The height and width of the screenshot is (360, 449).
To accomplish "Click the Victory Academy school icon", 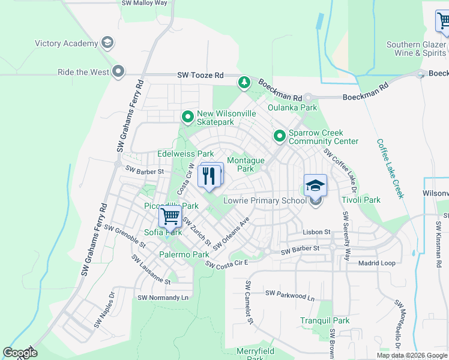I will (107, 43).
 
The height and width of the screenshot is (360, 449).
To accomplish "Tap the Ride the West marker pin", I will (118, 72).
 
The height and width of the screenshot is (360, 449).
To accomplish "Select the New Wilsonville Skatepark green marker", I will (188, 117).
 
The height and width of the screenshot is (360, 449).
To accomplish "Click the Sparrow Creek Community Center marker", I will (279, 137).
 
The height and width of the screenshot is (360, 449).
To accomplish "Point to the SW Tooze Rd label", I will (200, 76).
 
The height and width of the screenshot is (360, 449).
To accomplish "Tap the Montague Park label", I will (246, 164).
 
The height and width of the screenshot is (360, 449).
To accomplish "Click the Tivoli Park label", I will (361, 200).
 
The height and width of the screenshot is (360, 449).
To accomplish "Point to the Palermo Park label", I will (184, 255).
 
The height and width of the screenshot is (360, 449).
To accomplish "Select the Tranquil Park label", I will (325, 321).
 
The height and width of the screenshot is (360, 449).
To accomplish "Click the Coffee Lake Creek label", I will (390, 169).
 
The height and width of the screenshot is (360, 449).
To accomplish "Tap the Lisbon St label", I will (317, 232).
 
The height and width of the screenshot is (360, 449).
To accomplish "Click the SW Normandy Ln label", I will (163, 298).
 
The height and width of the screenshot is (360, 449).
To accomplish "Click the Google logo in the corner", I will (20, 353).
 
